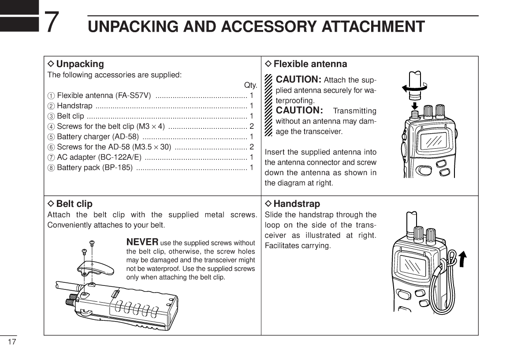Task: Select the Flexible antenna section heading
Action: (x=310, y=64)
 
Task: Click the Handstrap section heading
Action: (x=297, y=204)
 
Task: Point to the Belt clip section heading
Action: (x=74, y=204)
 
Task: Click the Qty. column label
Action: (x=250, y=85)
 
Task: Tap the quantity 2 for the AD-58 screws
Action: (x=251, y=146)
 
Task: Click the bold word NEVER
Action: (x=142, y=242)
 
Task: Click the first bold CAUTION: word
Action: (x=298, y=80)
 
